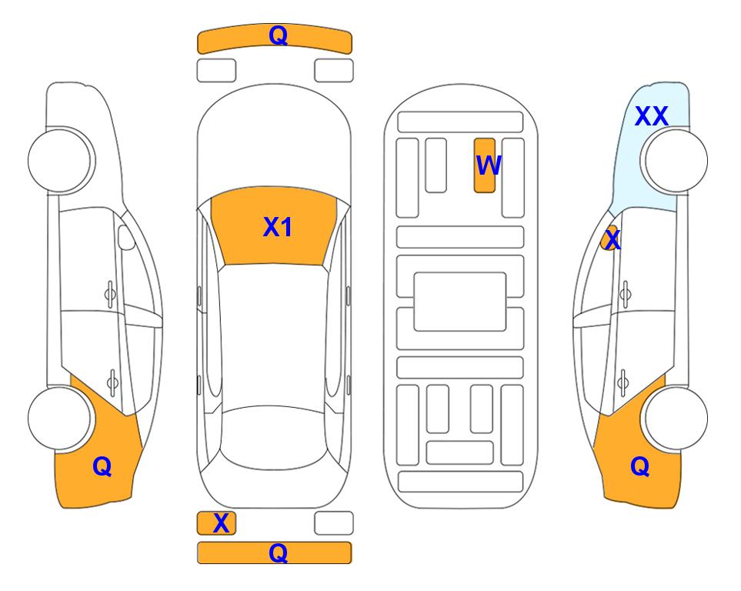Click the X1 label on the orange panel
[x=278, y=227]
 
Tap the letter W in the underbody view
[x=489, y=165]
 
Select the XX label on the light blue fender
[x=651, y=116]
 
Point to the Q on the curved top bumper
[x=278, y=35]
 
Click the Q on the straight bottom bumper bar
[x=278, y=553]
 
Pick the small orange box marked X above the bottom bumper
[x=216, y=523]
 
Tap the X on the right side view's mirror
[x=612, y=239]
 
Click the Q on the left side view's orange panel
[x=102, y=466]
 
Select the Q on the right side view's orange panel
[x=640, y=466]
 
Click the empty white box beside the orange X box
[x=334, y=523]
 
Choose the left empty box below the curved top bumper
[x=216, y=71]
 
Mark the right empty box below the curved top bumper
[x=334, y=71]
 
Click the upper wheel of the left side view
[x=60, y=161]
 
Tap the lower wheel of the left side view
[x=59, y=418]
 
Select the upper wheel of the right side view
[x=676, y=161]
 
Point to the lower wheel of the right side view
[x=676, y=418]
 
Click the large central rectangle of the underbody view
[x=460, y=302]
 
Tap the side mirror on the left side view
[x=125, y=237]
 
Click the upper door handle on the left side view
[x=110, y=294]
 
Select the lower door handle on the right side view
[x=623, y=382]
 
